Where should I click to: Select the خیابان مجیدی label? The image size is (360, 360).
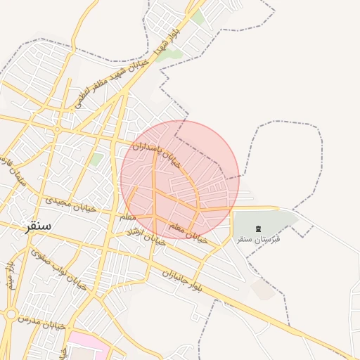tap(69, 205)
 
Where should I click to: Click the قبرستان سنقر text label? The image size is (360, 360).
tap(257, 239)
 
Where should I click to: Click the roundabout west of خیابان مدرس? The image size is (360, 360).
tap(10, 314)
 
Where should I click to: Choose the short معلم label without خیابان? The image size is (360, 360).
tap(127, 217)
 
